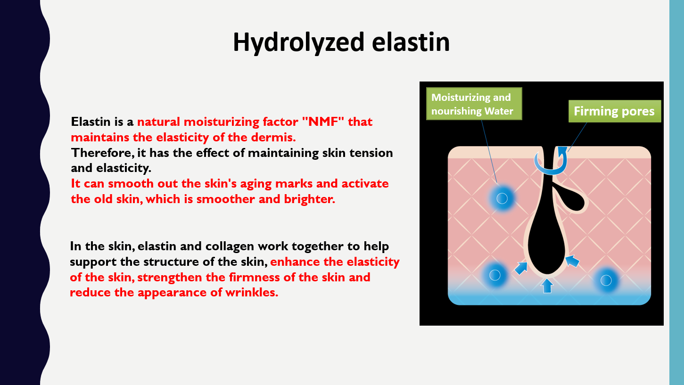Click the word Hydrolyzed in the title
click(299, 43)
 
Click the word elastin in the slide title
click(411, 42)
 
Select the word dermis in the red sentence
click(273, 138)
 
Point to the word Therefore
click(103, 153)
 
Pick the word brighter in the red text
click(309, 199)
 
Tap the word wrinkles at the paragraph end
click(252, 293)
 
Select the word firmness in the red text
click(255, 277)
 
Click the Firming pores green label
click(615, 111)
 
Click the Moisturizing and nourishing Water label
click(474, 104)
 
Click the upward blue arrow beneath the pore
click(547, 286)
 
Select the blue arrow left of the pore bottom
click(521, 268)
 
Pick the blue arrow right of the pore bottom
click(572, 262)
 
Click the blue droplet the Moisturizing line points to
click(502, 198)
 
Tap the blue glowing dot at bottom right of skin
click(606, 280)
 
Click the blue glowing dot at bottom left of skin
click(495, 275)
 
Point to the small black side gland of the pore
click(570, 200)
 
